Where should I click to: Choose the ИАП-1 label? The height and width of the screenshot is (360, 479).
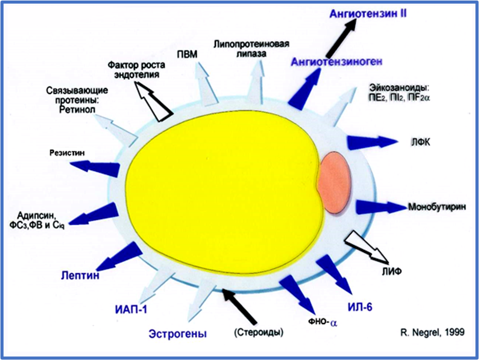130,309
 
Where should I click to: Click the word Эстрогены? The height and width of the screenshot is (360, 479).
177,334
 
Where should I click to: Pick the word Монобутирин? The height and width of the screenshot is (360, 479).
437,207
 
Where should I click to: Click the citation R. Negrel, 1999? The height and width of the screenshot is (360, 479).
432,332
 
